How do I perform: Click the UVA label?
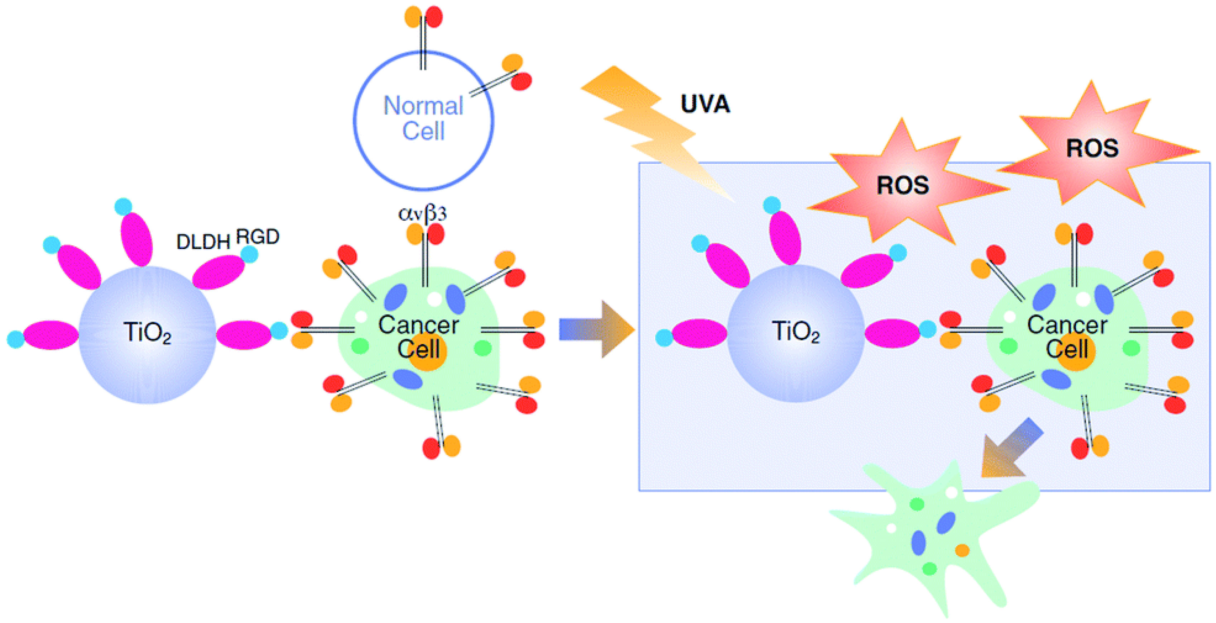[x=705, y=104]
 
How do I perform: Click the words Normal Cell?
[x=423, y=118]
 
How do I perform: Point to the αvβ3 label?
[x=423, y=214]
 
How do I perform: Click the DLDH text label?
[x=203, y=242]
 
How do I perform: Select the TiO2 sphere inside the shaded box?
[x=796, y=333]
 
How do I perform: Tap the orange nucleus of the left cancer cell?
[x=427, y=353]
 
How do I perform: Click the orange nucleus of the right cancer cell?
[x=1076, y=353]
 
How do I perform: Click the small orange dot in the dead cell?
[x=962, y=550]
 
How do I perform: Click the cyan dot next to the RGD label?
[x=249, y=254]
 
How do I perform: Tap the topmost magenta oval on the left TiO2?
[x=136, y=239]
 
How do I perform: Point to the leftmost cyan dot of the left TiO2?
[x=15, y=339]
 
